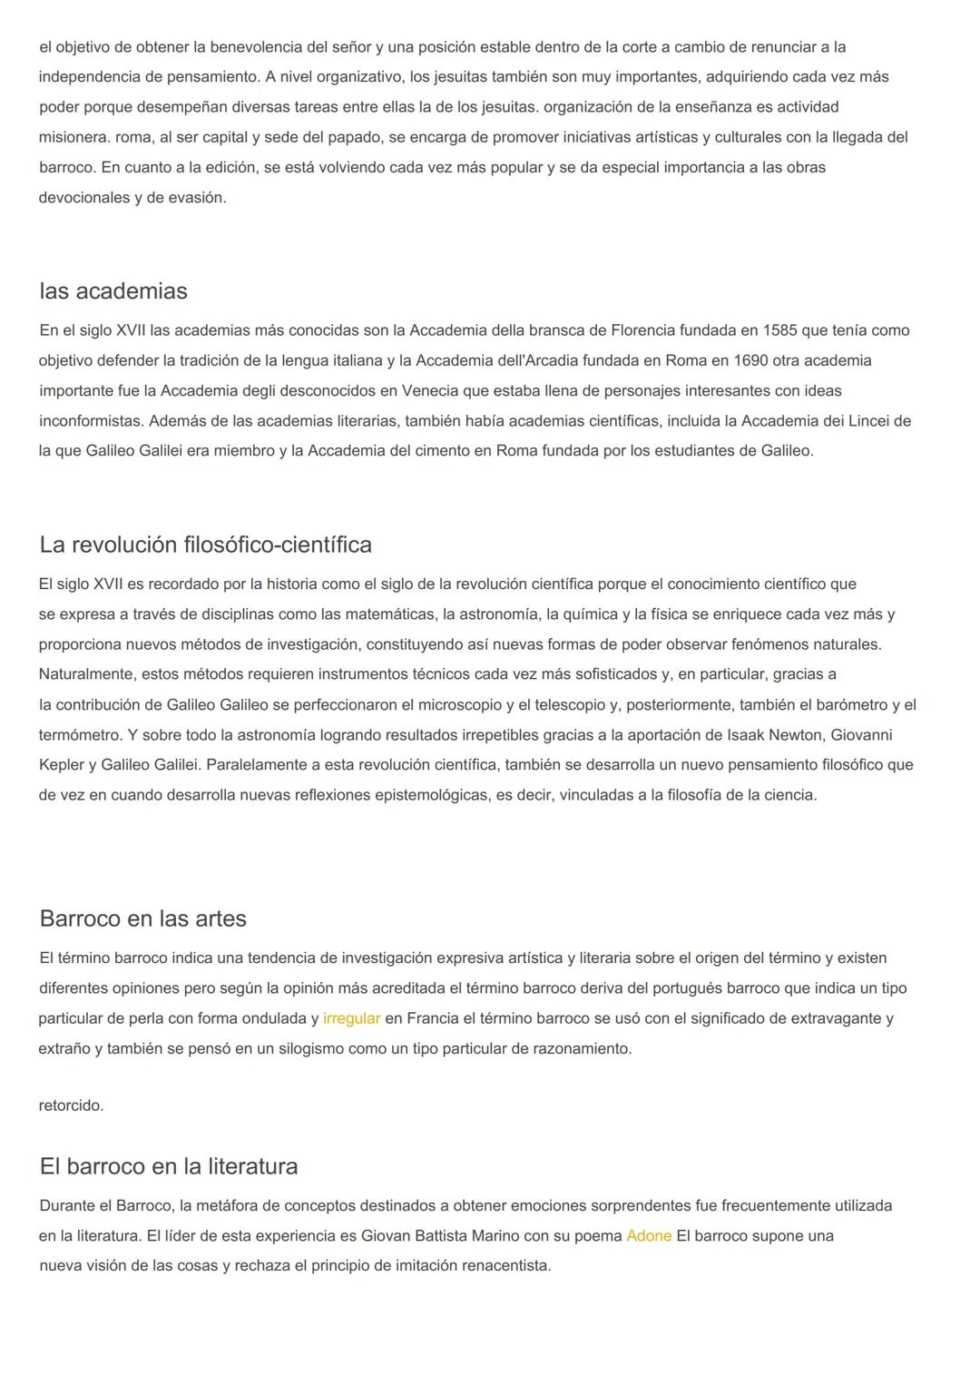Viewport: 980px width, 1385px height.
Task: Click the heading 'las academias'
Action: coord(113,291)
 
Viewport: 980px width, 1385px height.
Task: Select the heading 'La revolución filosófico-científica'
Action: coord(205,545)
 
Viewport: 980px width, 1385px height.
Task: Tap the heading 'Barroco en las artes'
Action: coord(142,918)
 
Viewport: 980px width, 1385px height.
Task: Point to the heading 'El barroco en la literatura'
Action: coord(168,1166)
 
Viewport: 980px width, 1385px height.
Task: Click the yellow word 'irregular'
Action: coord(351,1018)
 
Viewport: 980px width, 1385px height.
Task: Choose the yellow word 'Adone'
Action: coord(649,1236)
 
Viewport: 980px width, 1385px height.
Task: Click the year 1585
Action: coord(781,330)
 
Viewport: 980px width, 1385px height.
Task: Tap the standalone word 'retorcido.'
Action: coord(71,1105)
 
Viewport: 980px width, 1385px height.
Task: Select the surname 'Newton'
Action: coord(795,735)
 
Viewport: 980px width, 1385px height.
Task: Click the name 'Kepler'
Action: coord(62,765)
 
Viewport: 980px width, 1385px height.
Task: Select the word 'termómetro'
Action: coord(80,735)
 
